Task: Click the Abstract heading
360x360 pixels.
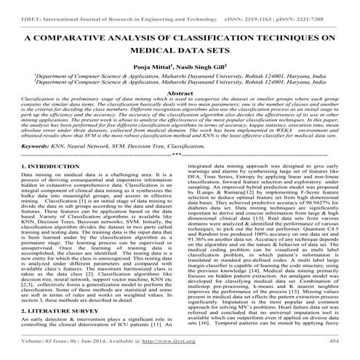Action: click(x=180, y=94)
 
